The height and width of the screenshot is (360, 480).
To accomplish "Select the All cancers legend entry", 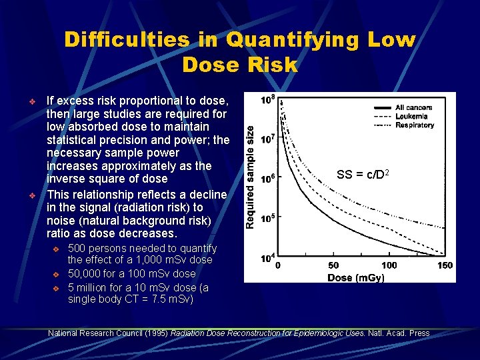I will click(413, 107).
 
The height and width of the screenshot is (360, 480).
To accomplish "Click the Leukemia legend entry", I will click(412, 116).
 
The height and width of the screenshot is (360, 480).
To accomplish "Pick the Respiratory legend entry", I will click(415, 125).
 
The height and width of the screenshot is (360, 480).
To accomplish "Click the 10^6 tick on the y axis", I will click(268, 179).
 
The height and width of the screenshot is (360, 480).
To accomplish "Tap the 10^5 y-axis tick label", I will click(268, 218).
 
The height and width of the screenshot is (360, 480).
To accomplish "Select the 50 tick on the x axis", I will click(334, 265).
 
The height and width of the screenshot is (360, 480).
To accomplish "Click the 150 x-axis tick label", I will click(445, 265).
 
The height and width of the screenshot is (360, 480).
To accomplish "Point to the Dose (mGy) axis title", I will click(357, 277).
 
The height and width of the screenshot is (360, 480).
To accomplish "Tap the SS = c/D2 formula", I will click(363, 175).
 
